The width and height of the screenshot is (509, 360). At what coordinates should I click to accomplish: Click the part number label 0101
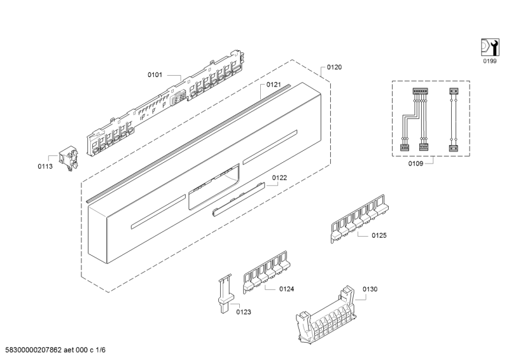coord(155,75)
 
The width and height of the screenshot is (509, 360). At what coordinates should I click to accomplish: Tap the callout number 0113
coord(45,167)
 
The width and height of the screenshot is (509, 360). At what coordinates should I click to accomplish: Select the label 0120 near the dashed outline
coord(334,67)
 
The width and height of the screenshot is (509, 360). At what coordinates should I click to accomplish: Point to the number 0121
coord(274,85)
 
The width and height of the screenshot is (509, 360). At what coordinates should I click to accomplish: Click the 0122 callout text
coord(279,178)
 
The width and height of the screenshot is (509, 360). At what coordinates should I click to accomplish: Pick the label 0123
coord(244,312)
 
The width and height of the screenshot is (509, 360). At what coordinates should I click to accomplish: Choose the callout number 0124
coord(287,289)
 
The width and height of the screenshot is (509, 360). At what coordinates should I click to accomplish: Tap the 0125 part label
coord(379,236)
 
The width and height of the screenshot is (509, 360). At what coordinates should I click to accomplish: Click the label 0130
coord(370,289)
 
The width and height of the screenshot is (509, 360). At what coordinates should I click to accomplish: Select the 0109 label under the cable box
coord(415,163)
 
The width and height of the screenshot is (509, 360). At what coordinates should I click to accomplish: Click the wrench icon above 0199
coord(490,48)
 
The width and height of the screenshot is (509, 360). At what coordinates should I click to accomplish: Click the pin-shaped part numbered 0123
coord(225,294)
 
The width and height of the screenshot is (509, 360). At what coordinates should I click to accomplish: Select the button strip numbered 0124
coord(266,272)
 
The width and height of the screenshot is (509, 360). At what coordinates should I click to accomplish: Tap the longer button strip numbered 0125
coord(359,219)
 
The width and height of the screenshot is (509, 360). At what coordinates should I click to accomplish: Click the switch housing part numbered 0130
coord(326,316)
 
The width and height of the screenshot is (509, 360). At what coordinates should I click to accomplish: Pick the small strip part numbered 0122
coord(239,199)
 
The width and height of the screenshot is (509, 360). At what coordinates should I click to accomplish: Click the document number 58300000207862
coord(34,350)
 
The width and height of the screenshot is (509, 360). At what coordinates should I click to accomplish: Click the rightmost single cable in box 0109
coord(454,120)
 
